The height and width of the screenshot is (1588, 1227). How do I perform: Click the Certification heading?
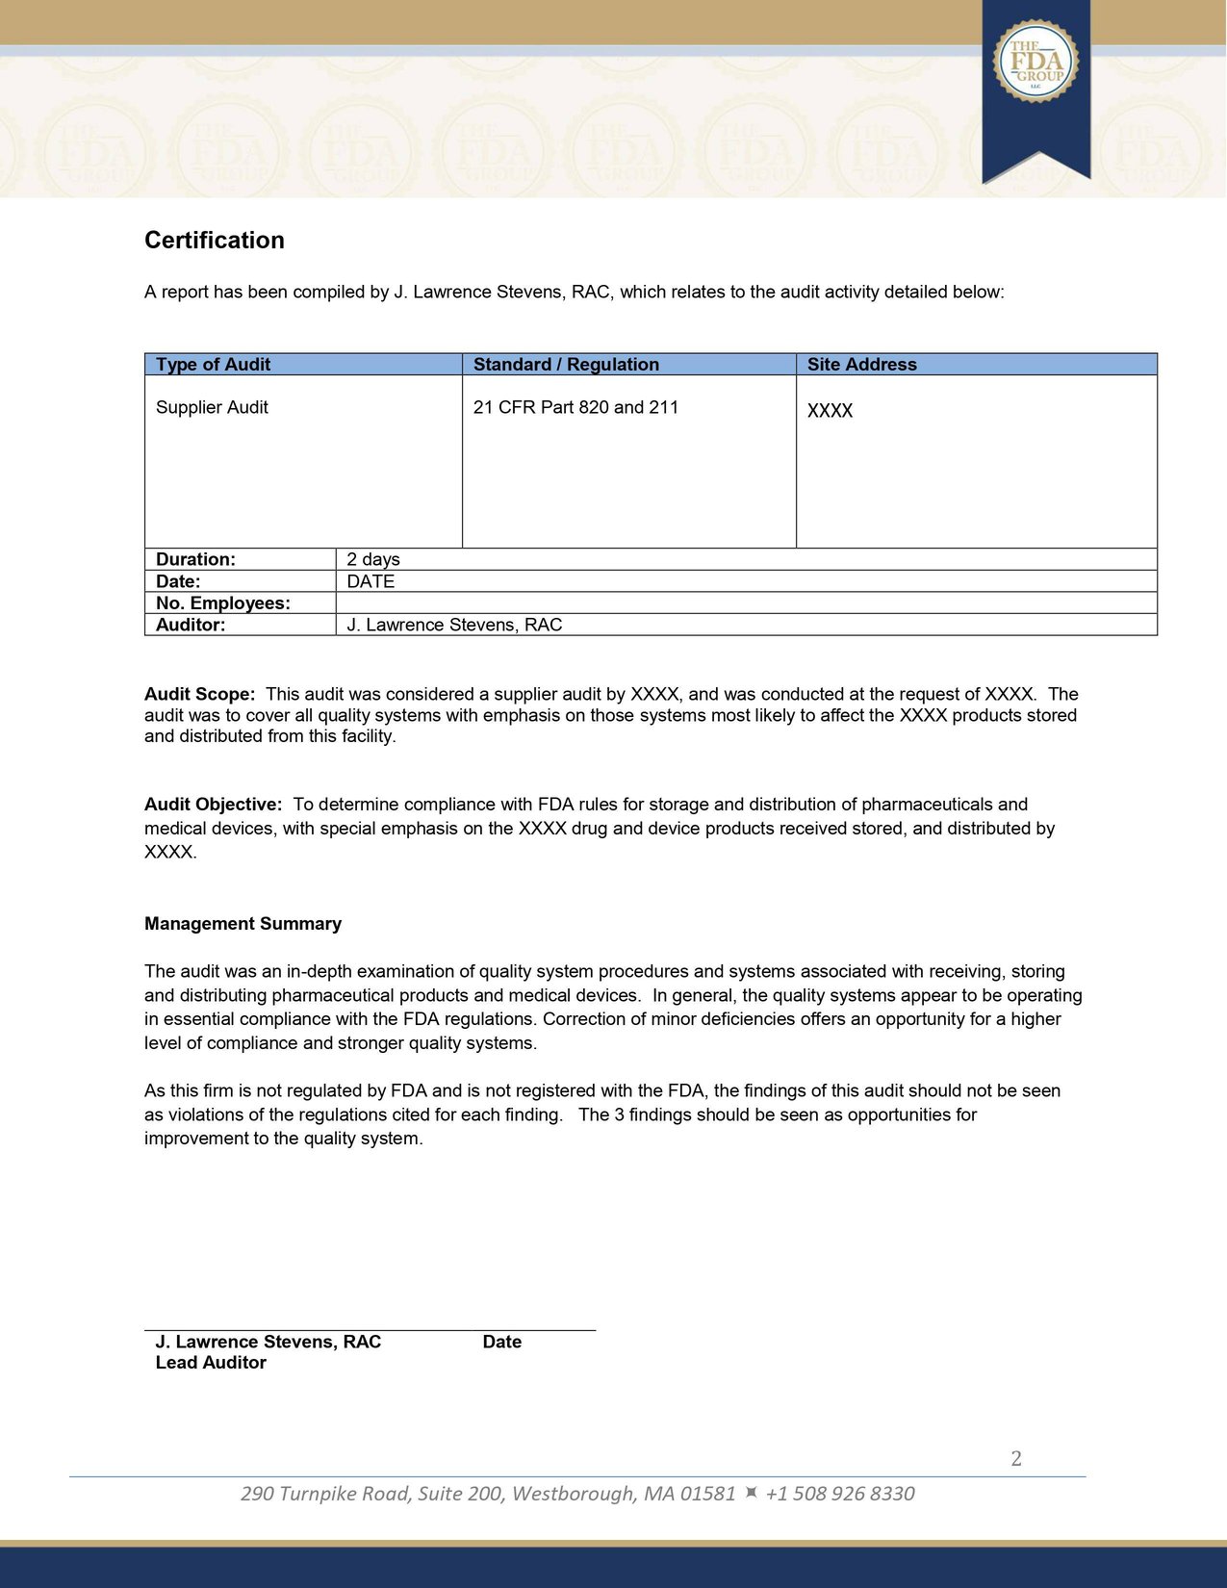[x=214, y=241]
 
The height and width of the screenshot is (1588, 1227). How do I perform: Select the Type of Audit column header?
[x=213, y=365]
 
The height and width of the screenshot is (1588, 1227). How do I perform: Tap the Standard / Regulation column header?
[x=566, y=365]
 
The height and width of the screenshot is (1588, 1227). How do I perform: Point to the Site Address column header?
[x=861, y=365]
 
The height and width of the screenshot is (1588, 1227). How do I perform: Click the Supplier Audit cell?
[x=212, y=407]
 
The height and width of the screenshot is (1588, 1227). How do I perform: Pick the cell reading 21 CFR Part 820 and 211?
[x=575, y=407]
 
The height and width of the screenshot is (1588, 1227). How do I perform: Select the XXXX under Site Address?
[x=830, y=411]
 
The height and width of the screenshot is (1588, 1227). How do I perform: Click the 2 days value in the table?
[x=373, y=559]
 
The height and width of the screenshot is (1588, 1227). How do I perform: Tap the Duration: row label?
[x=195, y=559]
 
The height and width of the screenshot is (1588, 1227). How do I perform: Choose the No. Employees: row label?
[x=222, y=603]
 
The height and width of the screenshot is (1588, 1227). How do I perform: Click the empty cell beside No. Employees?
[x=746, y=603]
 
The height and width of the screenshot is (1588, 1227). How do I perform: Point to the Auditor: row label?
[x=191, y=625]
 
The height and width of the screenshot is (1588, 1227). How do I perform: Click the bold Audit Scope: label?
[x=199, y=694]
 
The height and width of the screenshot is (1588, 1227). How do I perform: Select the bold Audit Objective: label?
[x=213, y=805]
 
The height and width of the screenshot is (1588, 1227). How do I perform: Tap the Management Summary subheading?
[x=243, y=924]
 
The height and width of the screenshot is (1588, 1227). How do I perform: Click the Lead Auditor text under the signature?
[x=211, y=1363]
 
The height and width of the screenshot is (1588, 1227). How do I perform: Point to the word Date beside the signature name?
[x=501, y=1342]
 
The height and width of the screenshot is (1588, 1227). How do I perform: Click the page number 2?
[x=1016, y=1459]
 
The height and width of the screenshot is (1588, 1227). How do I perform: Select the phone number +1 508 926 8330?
[x=839, y=1494]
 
